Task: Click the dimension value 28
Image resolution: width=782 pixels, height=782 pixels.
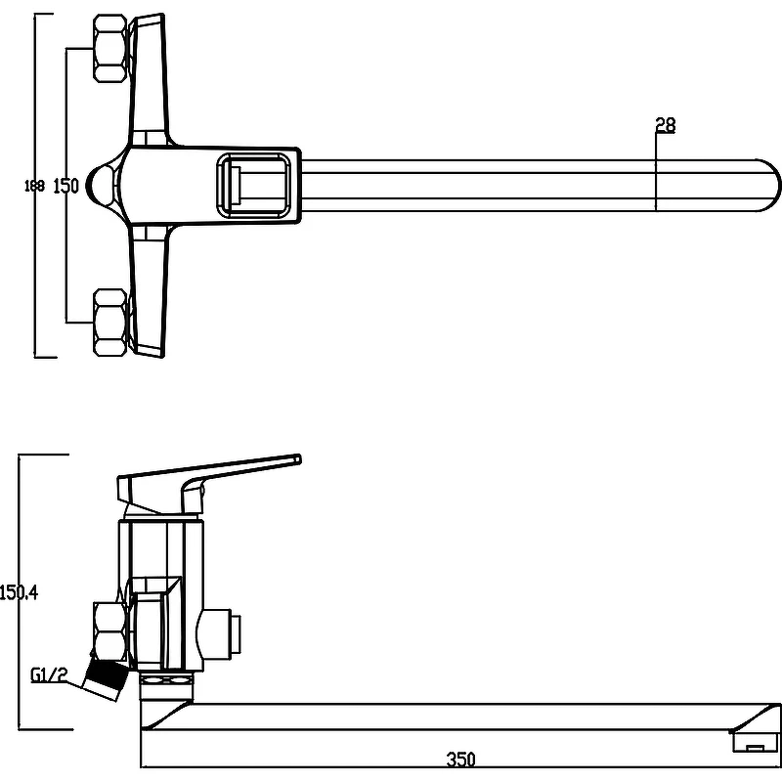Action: (666, 125)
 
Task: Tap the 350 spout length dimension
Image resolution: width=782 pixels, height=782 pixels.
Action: (460, 760)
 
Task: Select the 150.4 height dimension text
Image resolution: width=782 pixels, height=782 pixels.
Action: (19, 592)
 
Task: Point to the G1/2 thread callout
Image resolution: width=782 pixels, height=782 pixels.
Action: (48, 674)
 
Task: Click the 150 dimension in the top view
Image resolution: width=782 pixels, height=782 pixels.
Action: (65, 186)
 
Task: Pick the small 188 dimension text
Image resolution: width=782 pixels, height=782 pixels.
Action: (34, 186)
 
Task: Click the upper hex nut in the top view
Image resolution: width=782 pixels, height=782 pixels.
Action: (110, 48)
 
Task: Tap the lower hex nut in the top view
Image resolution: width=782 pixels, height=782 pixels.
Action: (110, 323)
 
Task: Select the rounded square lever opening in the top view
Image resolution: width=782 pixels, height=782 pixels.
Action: (253, 186)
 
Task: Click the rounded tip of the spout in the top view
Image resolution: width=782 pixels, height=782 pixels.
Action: (768, 186)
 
